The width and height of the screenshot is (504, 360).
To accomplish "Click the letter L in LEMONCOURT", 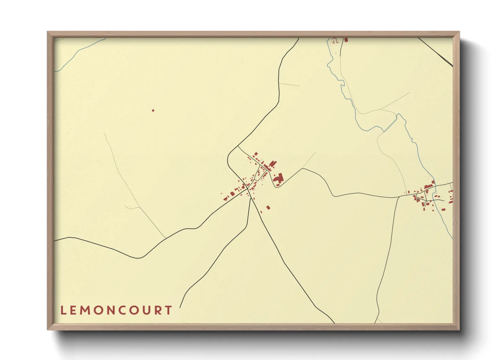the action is (63, 310).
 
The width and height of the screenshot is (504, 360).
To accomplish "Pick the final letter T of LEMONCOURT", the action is (169, 310).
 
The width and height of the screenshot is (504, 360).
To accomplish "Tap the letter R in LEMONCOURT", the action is (159, 310).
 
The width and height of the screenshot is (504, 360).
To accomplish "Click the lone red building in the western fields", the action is (153, 110).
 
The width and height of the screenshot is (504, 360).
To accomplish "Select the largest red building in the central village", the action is (279, 178).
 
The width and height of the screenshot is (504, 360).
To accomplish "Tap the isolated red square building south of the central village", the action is (268, 207).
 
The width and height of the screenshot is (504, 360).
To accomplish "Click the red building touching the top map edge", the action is (346, 39).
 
